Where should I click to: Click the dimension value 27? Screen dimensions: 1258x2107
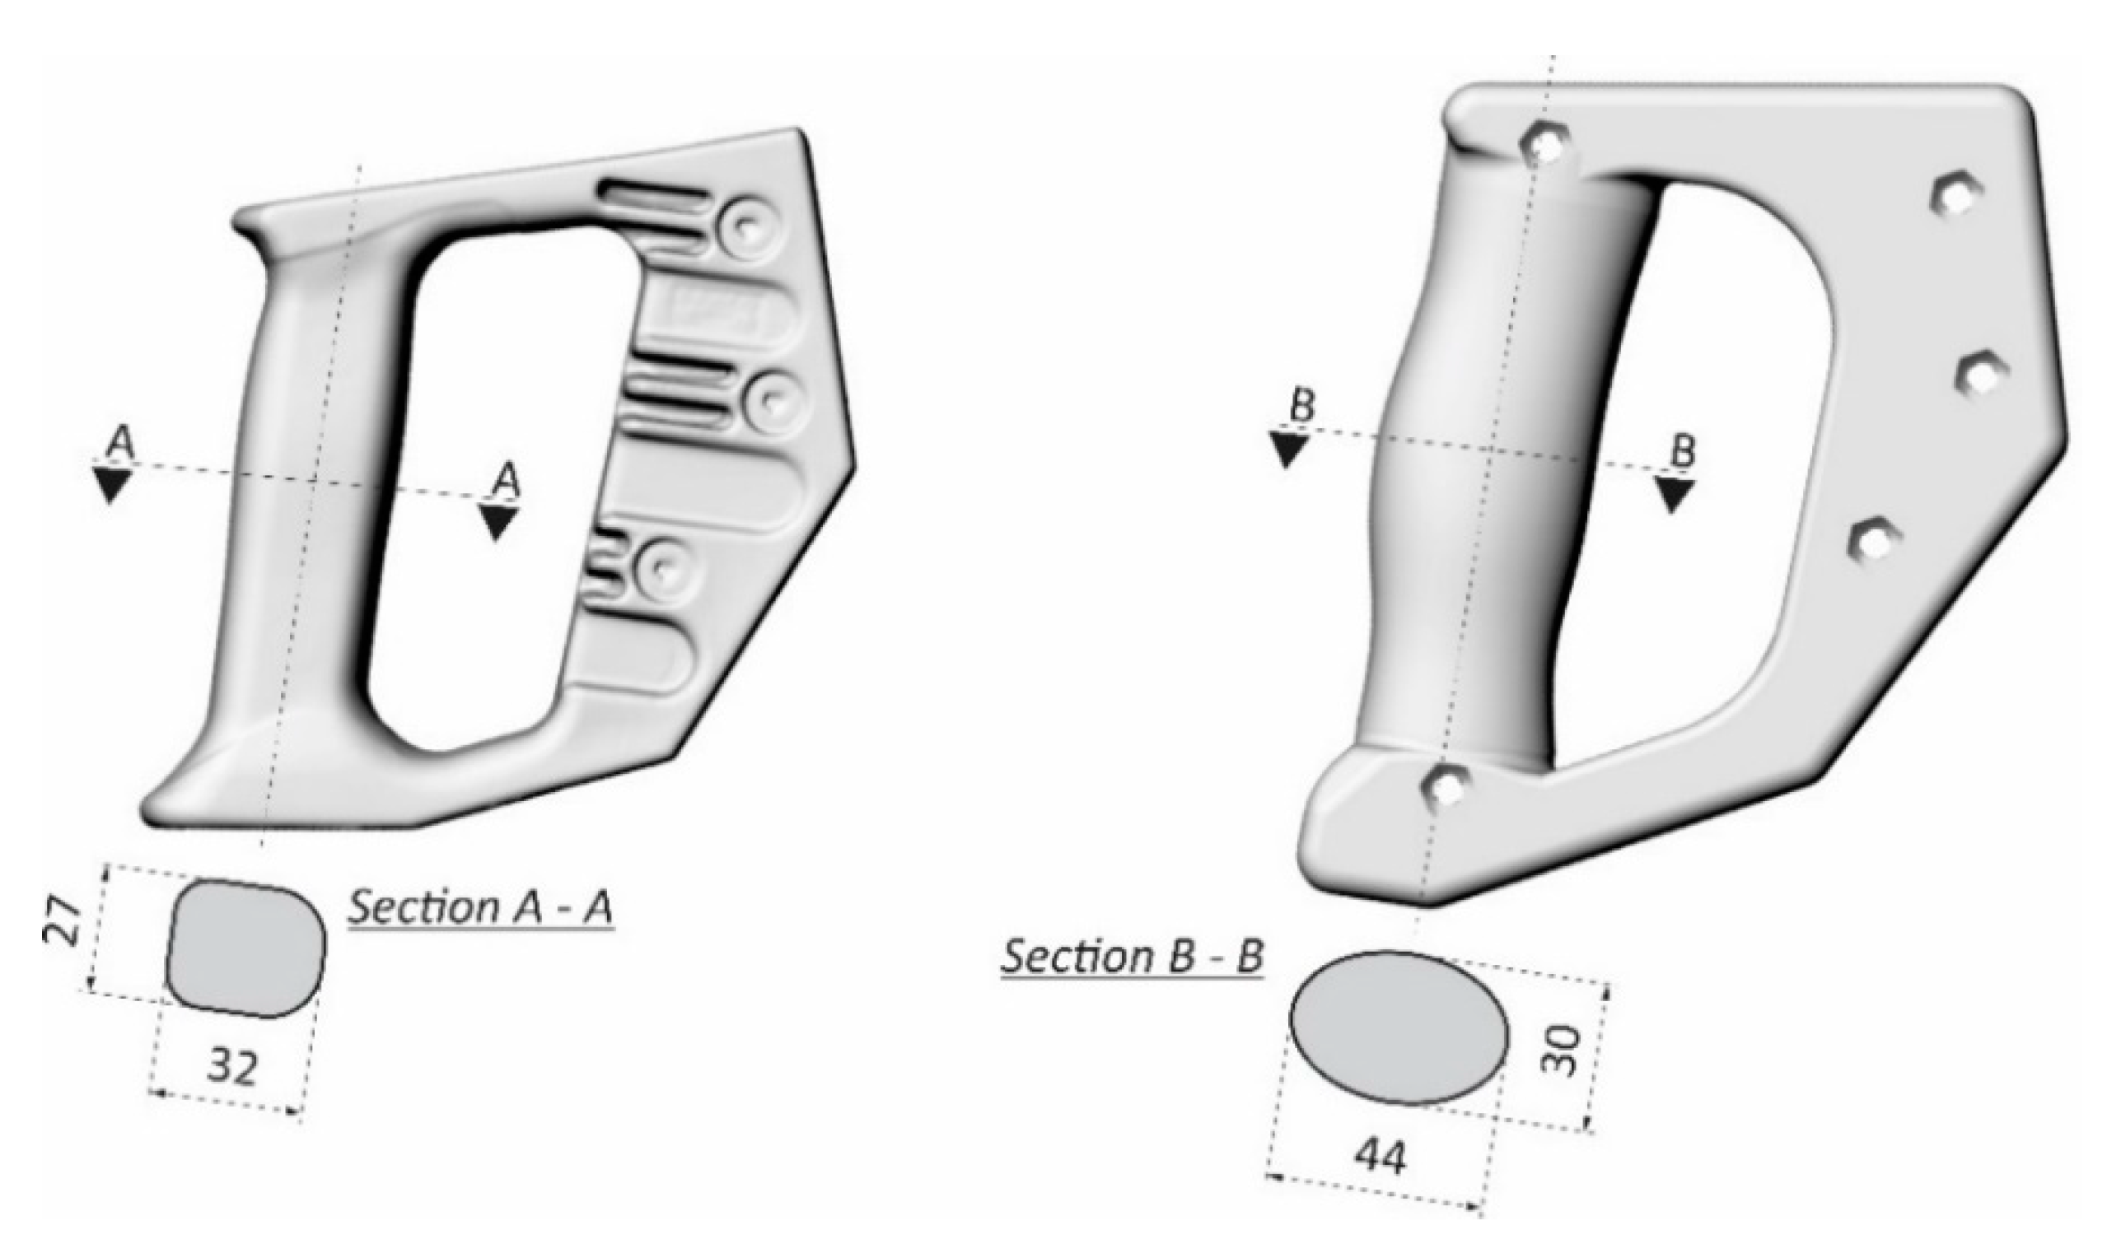point(62,923)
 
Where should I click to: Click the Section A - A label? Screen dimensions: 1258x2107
point(481,907)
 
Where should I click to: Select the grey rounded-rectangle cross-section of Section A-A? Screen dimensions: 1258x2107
point(247,948)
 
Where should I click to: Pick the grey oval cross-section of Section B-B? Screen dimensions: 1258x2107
point(1399,1026)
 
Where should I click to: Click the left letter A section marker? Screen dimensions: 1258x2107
point(121,445)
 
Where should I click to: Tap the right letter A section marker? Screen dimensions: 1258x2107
point(507,482)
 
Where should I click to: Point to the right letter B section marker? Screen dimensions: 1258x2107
point(1682,450)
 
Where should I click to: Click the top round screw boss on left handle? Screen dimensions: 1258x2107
point(745,226)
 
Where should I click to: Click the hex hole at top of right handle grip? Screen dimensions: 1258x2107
point(1548,145)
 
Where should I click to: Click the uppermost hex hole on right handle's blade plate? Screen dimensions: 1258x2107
point(1956,195)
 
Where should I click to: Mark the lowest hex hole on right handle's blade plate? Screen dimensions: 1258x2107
point(1875,540)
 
